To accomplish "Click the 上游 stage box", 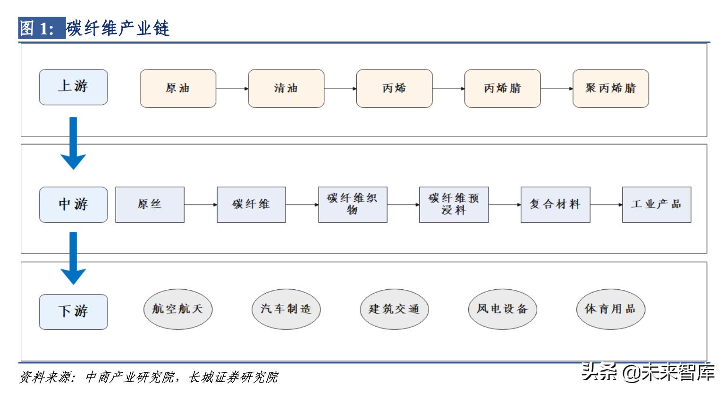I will tap(73, 87).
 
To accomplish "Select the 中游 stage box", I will tap(73, 205).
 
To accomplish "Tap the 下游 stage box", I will tap(73, 311).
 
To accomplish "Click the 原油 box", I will tap(178, 88).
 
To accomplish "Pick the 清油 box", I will tap(286, 88).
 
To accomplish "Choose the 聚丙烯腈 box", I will tap(610, 88).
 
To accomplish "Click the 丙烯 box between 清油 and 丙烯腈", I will tap(394, 88).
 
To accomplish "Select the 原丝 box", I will tap(150, 205).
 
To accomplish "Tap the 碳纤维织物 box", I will tap(353, 205).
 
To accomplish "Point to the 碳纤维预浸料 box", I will tap(454, 205).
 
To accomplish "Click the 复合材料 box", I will tap(555, 205).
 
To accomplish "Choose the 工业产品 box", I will tap(656, 205).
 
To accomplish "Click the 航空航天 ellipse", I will tap(177, 309).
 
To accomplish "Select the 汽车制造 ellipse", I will tap(286, 309).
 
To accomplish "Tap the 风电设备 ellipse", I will tap(502, 309).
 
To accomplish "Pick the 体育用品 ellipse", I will tap(610, 309).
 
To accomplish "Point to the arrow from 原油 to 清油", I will tap(232, 88).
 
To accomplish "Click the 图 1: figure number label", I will tap(42, 29).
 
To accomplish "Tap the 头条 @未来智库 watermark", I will tap(648, 372).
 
